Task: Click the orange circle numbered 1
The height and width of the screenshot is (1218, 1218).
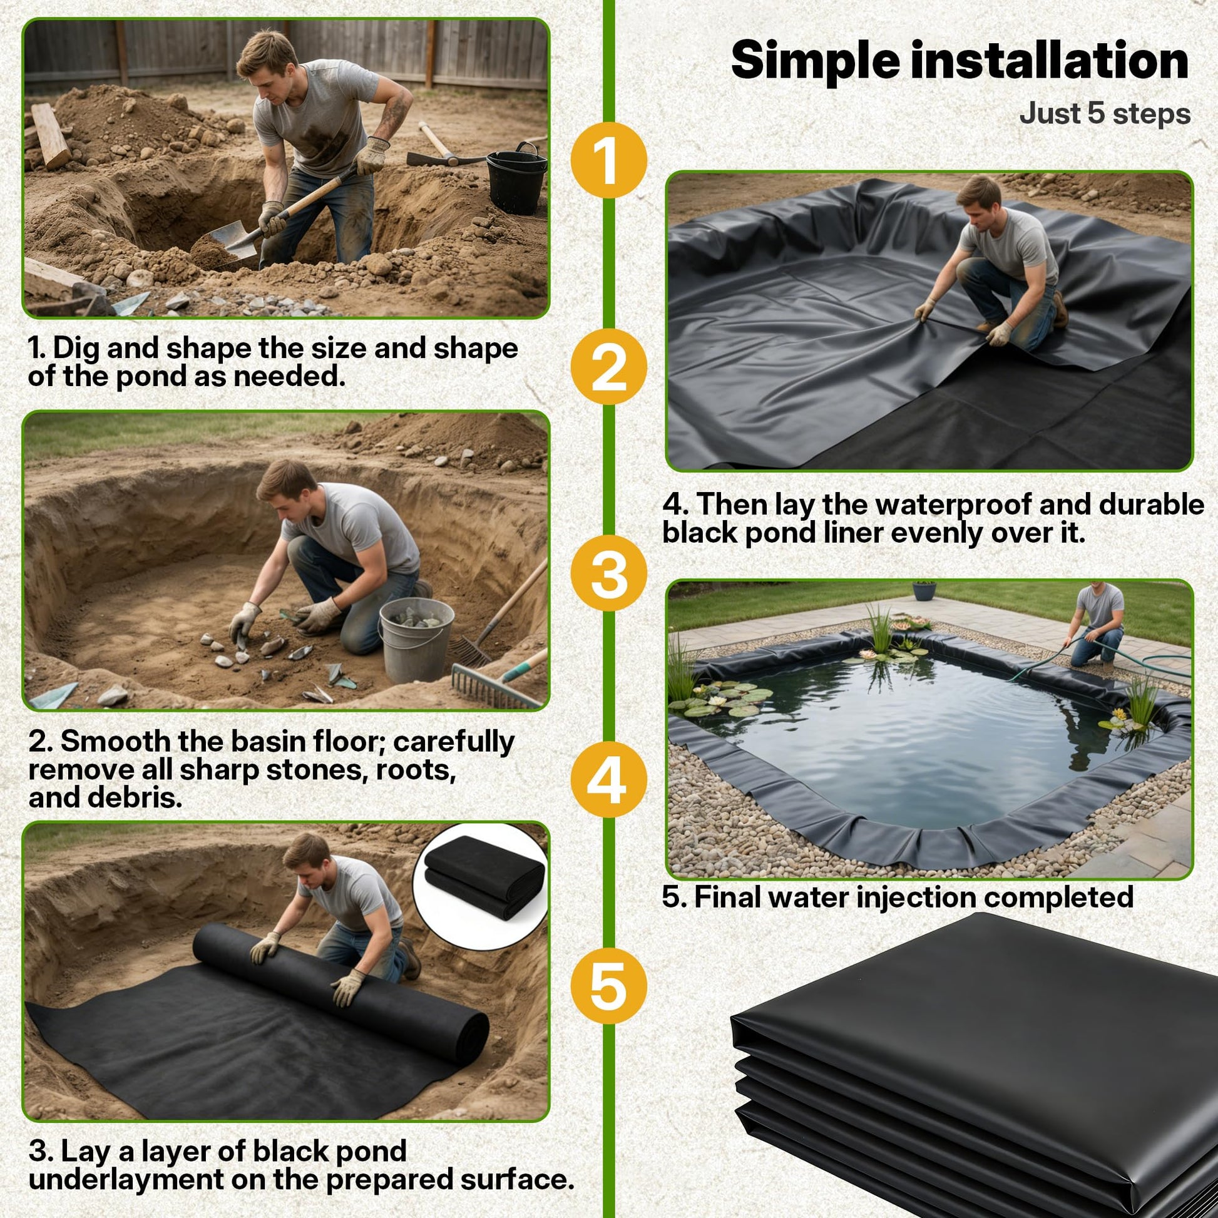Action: (x=608, y=160)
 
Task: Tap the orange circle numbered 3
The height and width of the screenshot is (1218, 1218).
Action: (x=608, y=573)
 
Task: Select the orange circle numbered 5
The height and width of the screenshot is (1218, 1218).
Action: (x=608, y=986)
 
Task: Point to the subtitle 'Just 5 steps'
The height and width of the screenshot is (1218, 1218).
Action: (x=1105, y=114)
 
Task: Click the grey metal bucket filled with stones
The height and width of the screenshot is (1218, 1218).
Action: (x=416, y=638)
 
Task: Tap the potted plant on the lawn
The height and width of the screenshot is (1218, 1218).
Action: (x=924, y=590)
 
